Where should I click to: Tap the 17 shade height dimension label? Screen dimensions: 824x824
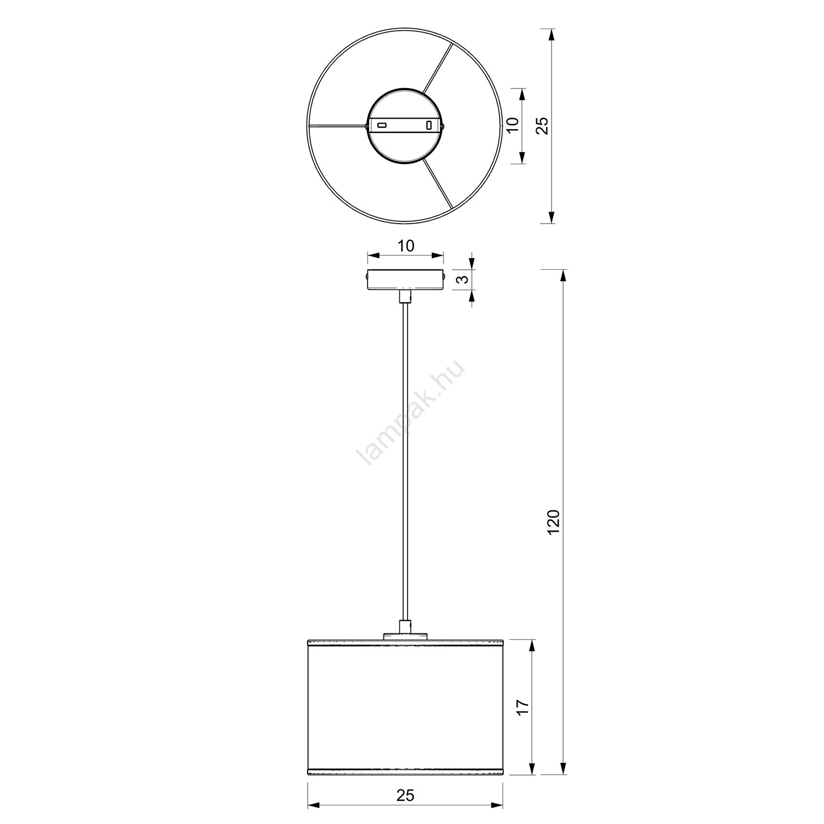(x=523, y=707)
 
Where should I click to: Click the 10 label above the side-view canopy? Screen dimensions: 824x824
(x=405, y=246)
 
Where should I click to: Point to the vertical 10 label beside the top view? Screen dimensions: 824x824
(x=512, y=125)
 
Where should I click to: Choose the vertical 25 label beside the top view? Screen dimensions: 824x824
(x=542, y=126)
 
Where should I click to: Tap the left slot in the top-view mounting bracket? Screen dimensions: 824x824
(x=381, y=125)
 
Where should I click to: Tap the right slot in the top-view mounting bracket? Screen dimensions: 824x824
(x=429, y=125)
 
